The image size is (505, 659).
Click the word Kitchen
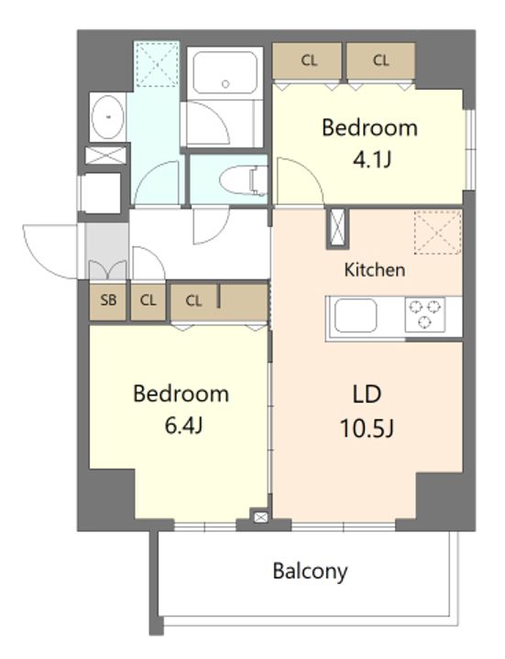[374, 270]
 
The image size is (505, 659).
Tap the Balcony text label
[310, 572]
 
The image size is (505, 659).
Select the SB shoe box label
[108, 300]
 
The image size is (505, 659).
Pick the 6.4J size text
[181, 426]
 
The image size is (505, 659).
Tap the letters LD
[367, 395]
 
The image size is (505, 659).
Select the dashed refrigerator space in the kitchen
[437, 231]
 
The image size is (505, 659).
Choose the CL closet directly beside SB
[148, 300]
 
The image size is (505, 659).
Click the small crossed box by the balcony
[258, 519]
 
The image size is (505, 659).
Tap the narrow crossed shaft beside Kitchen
[337, 229]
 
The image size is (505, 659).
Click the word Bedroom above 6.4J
[181, 394]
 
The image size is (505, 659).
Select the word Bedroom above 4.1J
[369, 128]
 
